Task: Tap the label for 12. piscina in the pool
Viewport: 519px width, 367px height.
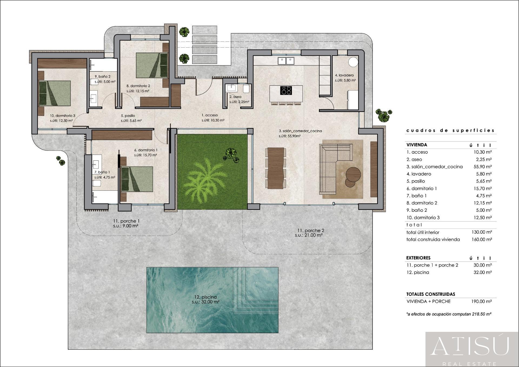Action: (205, 297)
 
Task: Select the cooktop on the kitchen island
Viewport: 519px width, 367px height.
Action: (286, 90)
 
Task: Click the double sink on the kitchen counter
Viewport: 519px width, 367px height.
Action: (286, 61)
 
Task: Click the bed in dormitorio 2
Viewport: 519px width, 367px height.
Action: (152, 65)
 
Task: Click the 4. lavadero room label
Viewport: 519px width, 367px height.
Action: (344, 75)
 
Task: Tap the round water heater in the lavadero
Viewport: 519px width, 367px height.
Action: (353, 62)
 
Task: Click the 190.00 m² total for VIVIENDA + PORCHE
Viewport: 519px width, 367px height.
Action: (483, 301)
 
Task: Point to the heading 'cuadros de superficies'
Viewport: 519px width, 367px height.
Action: (450, 130)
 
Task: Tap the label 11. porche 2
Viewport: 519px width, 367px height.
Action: (310, 230)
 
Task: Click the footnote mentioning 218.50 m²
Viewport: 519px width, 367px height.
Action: (449, 314)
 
